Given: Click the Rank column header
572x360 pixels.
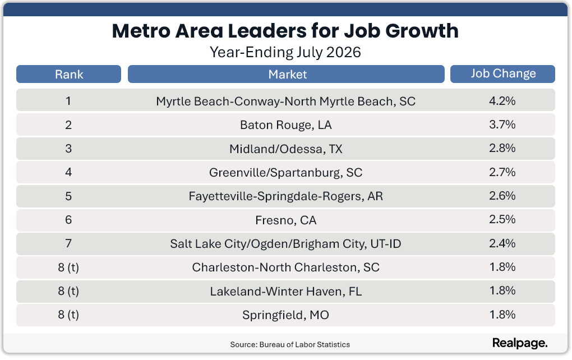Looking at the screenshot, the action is [x=68, y=74].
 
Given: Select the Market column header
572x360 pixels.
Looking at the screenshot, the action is [x=286, y=74].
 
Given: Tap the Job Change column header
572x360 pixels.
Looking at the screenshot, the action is [x=502, y=74].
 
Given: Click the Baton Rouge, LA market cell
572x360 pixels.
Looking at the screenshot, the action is [x=285, y=125].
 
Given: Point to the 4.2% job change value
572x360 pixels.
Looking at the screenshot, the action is [x=502, y=101].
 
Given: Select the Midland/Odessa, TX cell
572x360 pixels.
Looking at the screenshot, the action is [x=285, y=149].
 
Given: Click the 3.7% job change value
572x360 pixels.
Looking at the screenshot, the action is [x=502, y=124].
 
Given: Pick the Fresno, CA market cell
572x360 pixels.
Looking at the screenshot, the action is [x=285, y=220].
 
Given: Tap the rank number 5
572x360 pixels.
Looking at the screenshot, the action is [x=68, y=196].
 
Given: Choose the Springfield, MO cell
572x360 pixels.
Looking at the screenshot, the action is [x=285, y=315].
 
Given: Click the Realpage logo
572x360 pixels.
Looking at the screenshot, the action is [x=520, y=343].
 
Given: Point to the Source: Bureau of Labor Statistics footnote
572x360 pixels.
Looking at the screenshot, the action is [x=290, y=344].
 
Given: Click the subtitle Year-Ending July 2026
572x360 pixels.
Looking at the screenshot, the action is [x=285, y=52].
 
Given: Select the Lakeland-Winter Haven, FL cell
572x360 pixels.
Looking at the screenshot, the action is [x=285, y=292].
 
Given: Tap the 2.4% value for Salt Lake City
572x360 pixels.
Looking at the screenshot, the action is [x=502, y=243].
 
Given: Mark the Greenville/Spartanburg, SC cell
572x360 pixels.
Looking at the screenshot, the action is [x=285, y=173].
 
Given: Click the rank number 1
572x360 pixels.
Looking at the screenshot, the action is [x=68, y=101].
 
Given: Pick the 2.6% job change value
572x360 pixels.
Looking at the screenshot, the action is [x=502, y=196].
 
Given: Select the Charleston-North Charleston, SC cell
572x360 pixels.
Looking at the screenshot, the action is [x=285, y=267].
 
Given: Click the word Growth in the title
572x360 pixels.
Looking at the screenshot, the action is [x=422, y=31].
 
